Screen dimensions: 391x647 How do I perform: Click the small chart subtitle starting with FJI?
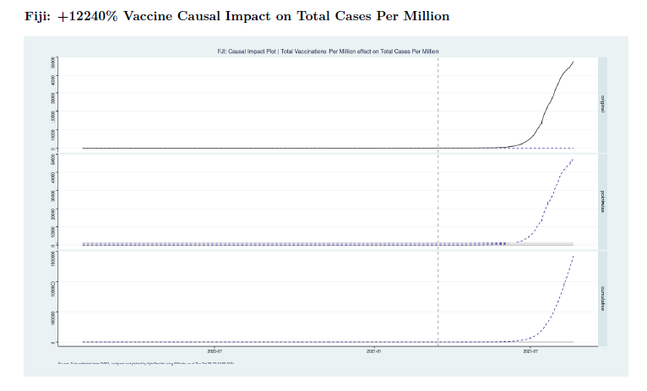[x=328, y=52]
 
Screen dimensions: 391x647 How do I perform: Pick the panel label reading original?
[x=602, y=104]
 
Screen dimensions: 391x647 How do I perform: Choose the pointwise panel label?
[x=602, y=201]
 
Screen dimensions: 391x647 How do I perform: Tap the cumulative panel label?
[x=602, y=297]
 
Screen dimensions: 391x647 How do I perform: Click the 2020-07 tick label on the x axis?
[x=215, y=350]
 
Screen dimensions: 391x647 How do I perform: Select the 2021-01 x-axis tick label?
[x=372, y=350]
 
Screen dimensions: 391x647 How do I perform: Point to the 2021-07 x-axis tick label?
[x=530, y=350]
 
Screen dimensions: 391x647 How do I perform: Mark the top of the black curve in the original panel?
[x=574, y=62]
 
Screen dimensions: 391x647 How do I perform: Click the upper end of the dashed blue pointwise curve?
[x=574, y=158]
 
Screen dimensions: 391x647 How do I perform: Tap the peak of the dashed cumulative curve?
[x=574, y=254]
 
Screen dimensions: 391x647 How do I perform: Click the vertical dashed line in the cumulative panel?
[x=438, y=296]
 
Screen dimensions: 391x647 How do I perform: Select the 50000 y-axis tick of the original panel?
[x=53, y=62]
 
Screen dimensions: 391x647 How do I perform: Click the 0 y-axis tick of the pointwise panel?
[x=53, y=245]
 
